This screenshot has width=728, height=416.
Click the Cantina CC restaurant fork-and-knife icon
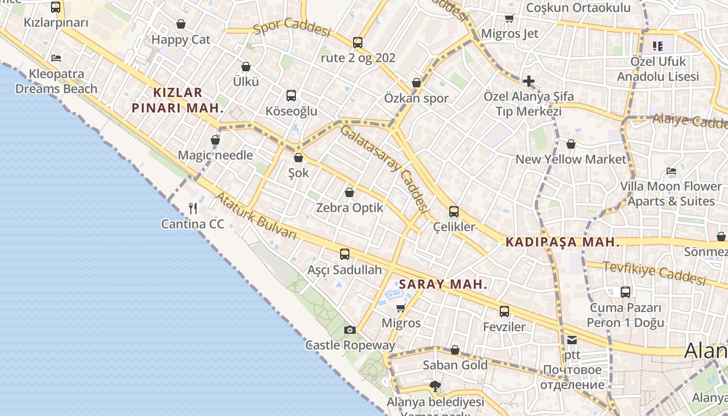[193, 209]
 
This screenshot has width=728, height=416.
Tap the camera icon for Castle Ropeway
[350, 330]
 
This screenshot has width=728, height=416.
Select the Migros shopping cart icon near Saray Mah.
[400, 308]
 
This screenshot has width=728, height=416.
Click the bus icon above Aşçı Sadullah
[344, 254]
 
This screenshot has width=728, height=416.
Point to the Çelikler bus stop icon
[454, 212]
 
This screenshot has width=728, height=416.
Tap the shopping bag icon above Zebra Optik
[349, 192]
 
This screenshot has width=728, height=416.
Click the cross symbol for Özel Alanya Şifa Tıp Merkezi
[528, 81]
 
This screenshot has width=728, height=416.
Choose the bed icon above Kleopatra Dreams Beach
[56, 58]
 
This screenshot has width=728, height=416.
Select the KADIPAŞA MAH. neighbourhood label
[563, 242]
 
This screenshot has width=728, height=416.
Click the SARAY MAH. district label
[443, 284]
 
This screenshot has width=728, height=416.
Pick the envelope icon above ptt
[572, 340]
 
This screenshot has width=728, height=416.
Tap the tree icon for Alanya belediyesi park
[435, 386]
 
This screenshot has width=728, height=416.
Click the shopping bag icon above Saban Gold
[455, 350]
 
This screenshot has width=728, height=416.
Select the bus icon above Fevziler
[504, 311]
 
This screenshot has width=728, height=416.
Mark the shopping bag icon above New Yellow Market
[571, 144]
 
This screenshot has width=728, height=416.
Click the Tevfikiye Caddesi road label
[654, 273]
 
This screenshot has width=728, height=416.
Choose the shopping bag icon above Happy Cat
[181, 24]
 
